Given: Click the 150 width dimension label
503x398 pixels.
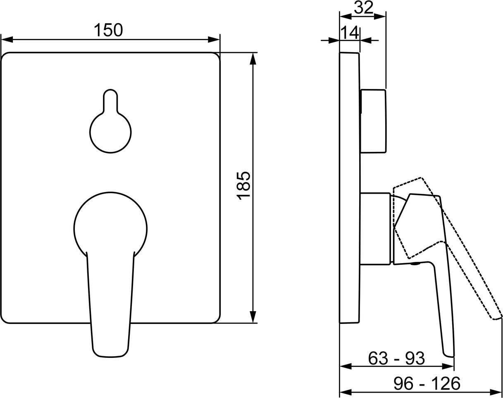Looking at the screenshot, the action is [x=108, y=30].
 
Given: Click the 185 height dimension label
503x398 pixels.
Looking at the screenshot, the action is [x=244, y=186].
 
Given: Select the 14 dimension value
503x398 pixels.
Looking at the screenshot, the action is [x=349, y=32].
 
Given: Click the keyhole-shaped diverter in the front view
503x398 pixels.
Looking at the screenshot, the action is [x=110, y=121].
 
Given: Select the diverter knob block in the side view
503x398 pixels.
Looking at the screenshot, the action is [x=373, y=121].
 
